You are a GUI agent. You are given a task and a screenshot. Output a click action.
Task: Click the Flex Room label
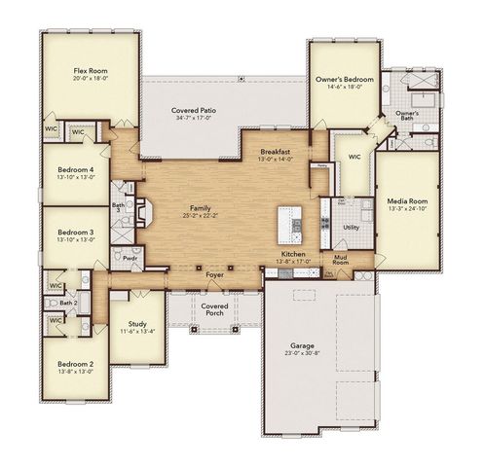(89, 71)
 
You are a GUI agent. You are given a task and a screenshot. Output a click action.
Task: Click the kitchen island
(290, 222)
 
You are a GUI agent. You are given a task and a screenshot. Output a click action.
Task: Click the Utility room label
(350, 226)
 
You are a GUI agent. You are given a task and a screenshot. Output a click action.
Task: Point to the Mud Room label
(341, 260)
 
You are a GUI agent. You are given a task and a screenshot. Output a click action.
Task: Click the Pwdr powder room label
(130, 260)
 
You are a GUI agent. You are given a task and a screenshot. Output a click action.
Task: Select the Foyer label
(214, 275)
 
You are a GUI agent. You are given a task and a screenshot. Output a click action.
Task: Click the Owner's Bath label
(407, 117)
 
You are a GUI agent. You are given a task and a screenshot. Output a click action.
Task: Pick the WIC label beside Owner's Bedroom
(354, 156)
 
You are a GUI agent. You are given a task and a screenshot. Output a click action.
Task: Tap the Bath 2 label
(68, 303)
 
